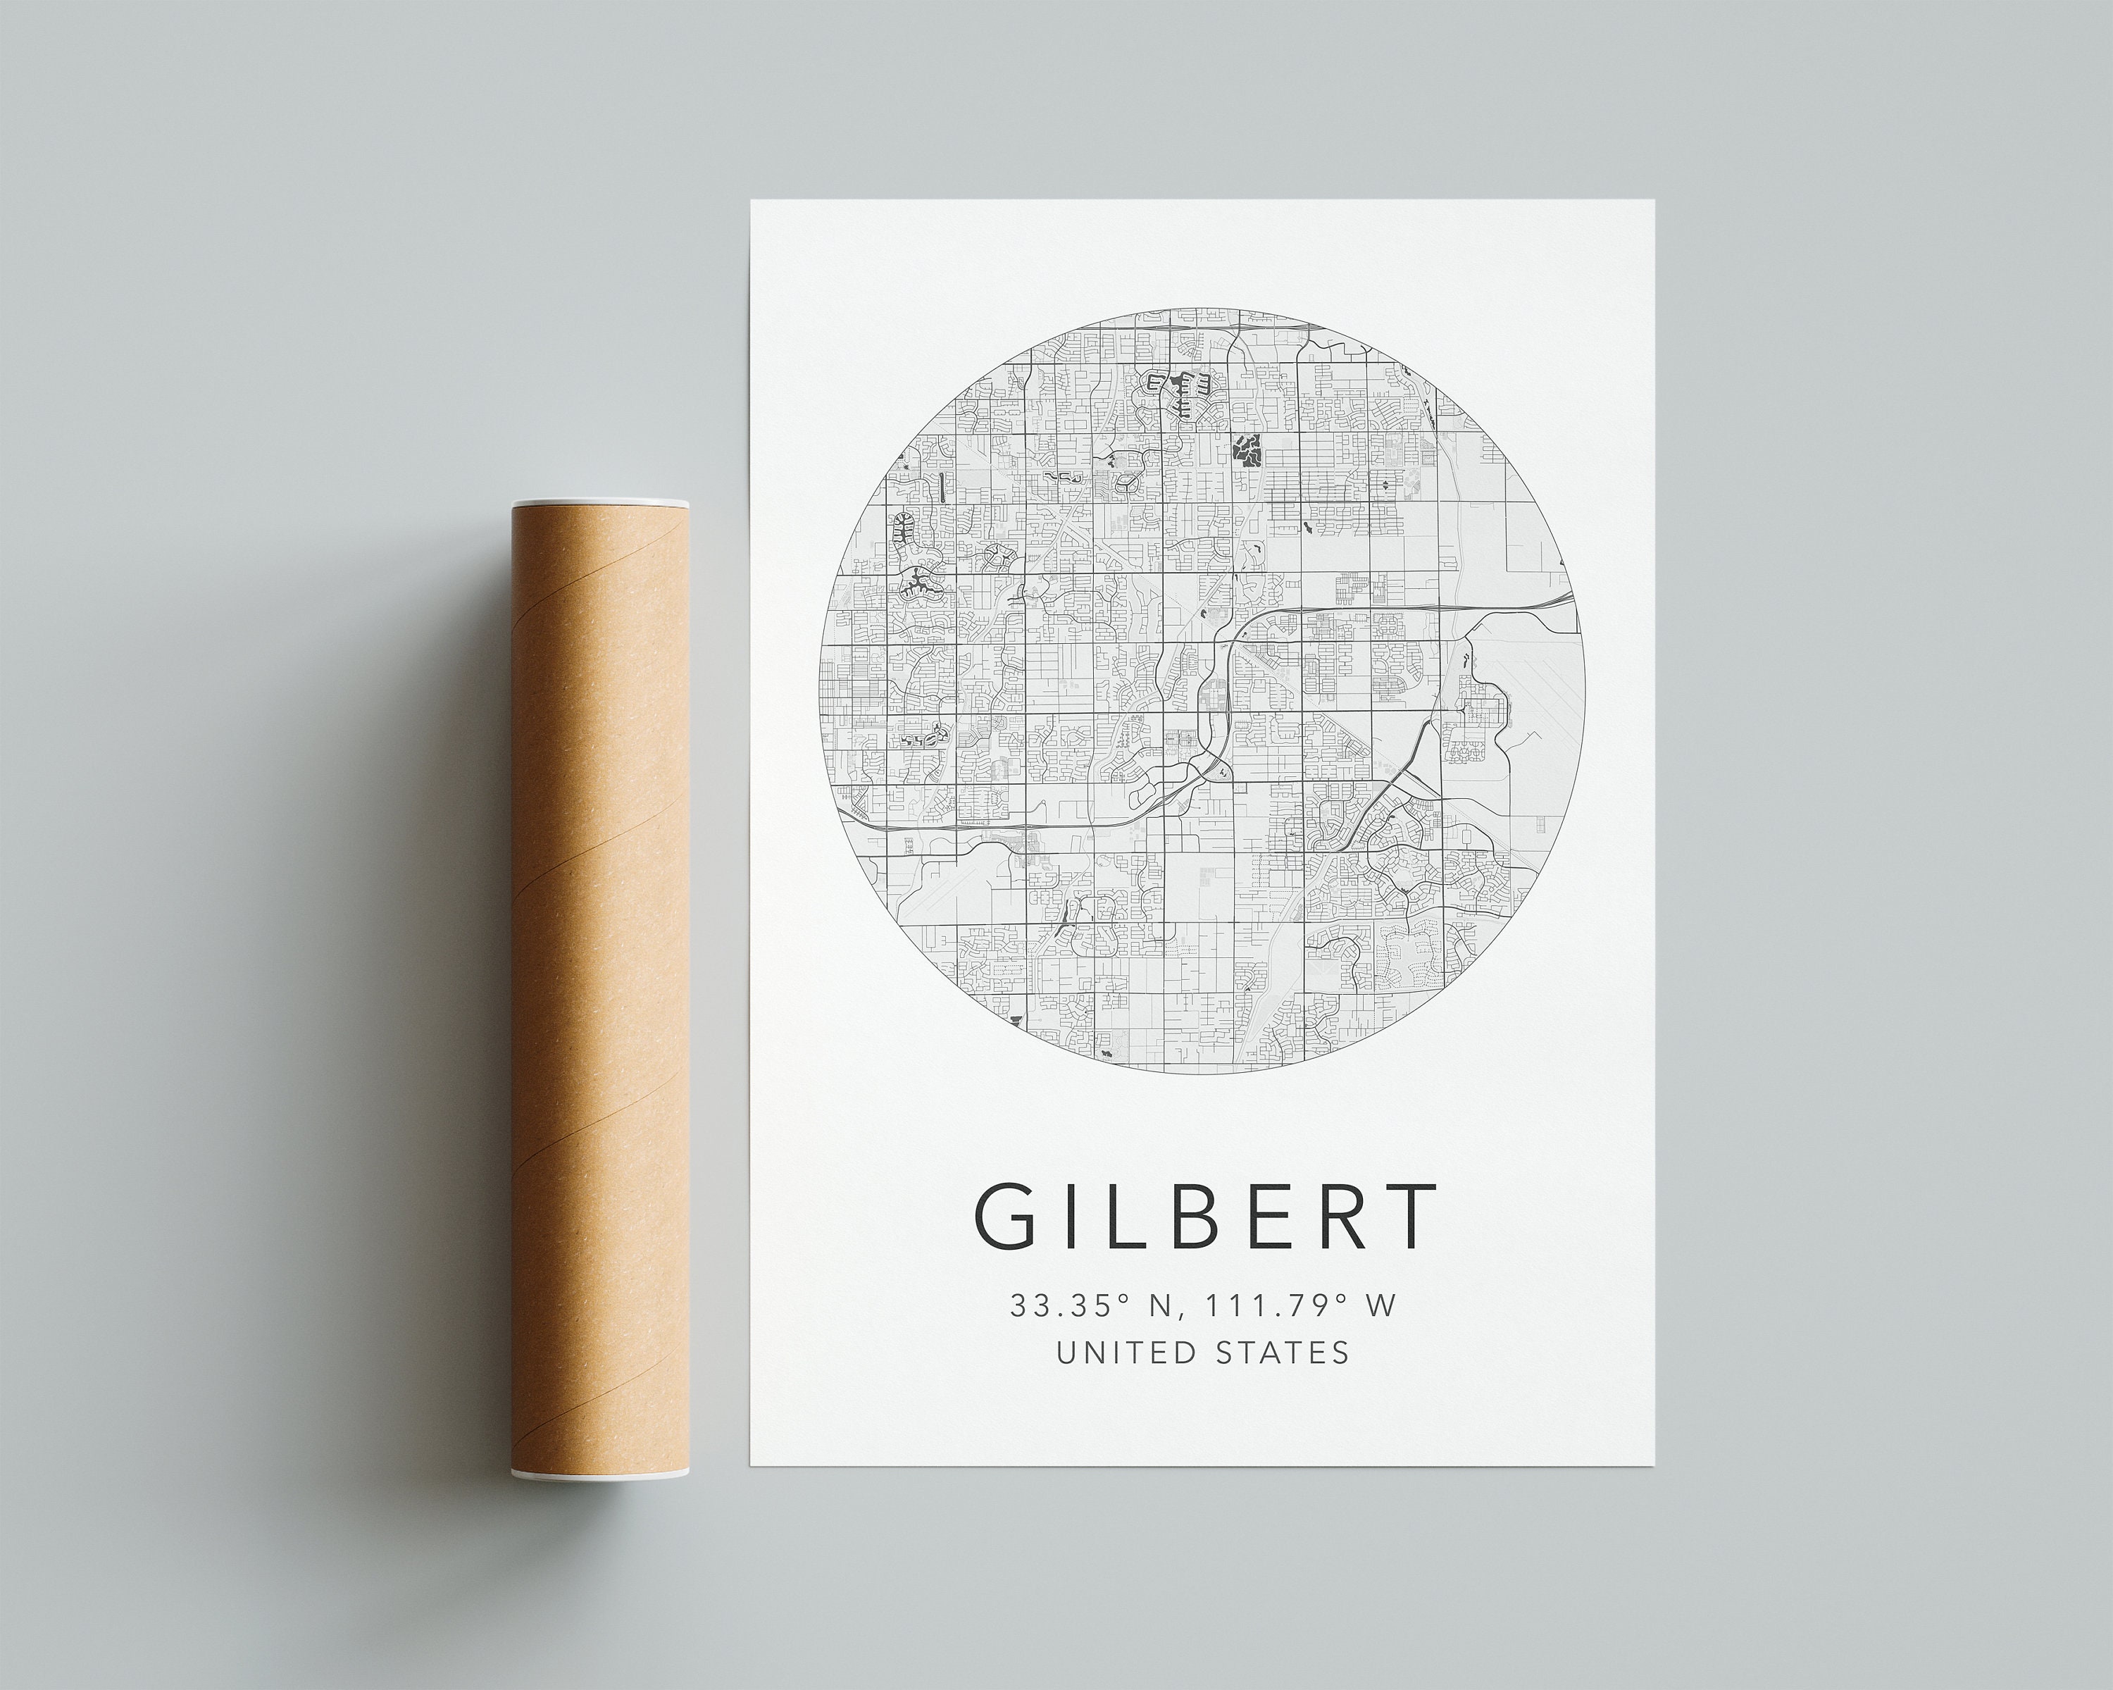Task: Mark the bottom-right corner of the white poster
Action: (x=1653, y=1437)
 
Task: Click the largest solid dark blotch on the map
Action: (x=1247, y=452)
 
